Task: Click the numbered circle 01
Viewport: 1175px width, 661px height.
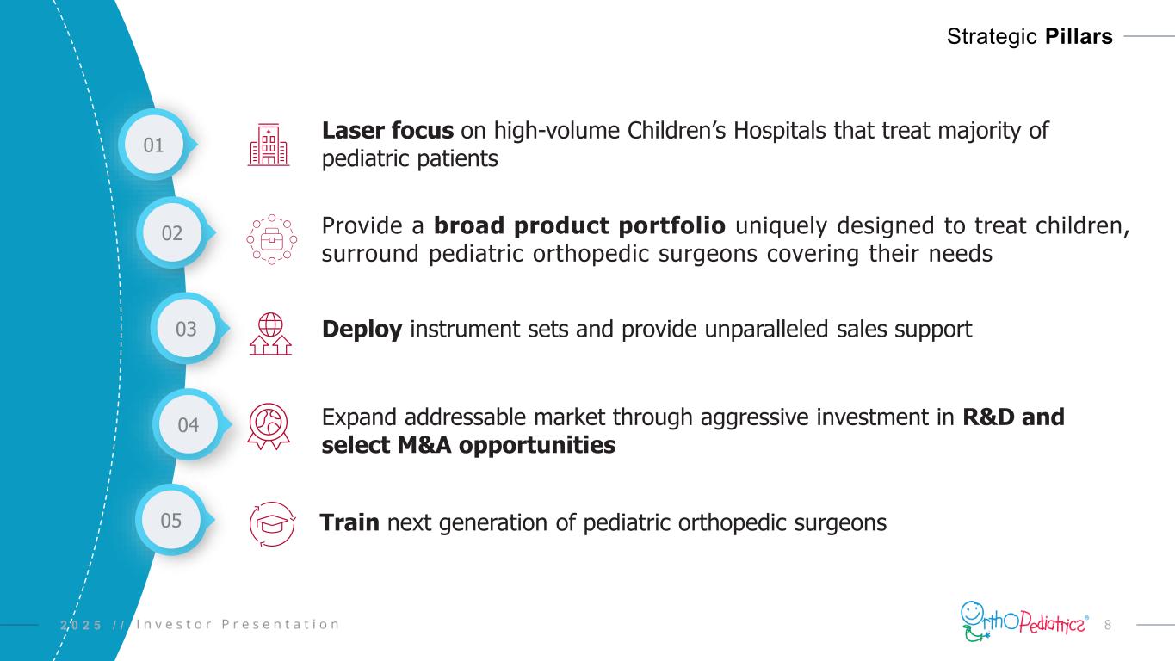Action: [154, 145]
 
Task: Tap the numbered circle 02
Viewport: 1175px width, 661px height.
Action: [172, 232]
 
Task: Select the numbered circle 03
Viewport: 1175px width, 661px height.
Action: [186, 329]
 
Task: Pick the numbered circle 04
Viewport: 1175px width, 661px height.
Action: [189, 424]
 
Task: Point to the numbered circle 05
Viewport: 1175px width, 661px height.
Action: [171, 520]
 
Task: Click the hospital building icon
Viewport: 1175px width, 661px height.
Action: [269, 145]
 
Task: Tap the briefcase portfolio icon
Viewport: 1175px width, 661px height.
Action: [272, 240]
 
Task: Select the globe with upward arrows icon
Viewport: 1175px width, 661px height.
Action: [270, 334]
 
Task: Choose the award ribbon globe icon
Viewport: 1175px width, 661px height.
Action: [269, 426]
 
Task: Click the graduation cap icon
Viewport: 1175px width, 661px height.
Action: [272, 524]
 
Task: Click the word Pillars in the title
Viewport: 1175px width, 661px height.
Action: [1079, 37]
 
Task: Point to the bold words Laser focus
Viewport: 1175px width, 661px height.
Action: [387, 131]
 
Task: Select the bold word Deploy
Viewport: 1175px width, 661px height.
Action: [362, 330]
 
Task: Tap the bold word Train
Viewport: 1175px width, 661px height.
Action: [349, 522]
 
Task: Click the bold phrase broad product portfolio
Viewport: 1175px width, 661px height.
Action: [579, 226]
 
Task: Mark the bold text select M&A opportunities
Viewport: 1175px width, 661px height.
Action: [468, 445]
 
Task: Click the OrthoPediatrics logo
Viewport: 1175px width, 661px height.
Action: [1024, 621]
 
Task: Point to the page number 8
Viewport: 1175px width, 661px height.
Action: [1108, 625]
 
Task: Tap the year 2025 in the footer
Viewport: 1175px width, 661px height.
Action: [81, 625]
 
